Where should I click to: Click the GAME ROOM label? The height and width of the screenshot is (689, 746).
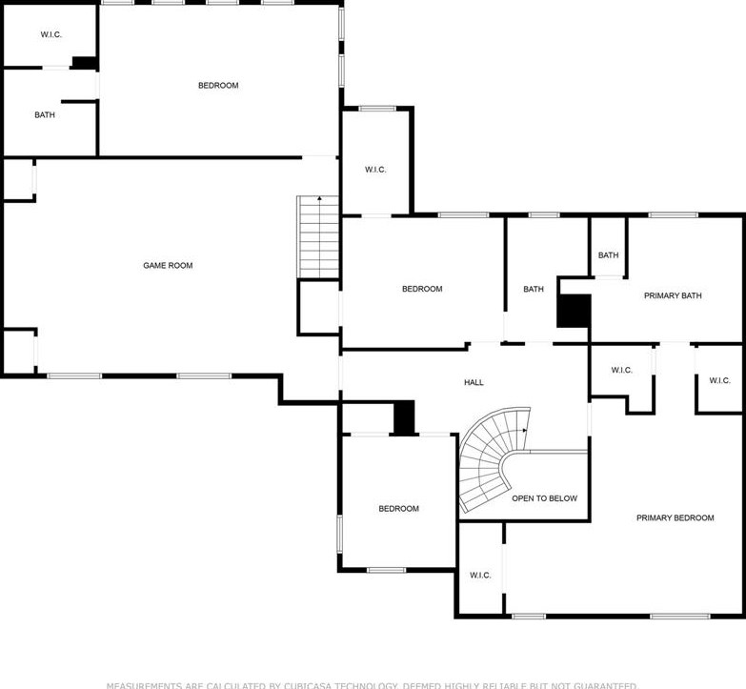[x=168, y=266]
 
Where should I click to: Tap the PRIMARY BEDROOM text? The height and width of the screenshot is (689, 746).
[x=675, y=518]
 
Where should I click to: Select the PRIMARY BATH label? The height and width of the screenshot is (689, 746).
[x=673, y=296]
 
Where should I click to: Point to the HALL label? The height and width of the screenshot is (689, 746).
[x=474, y=383]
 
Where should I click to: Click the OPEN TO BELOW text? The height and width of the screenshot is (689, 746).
[x=544, y=498]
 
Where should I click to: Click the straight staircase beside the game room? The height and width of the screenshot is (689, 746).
[x=318, y=238]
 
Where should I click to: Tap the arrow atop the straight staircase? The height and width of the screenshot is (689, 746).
[x=319, y=200]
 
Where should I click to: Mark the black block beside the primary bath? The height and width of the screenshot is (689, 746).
[x=574, y=312]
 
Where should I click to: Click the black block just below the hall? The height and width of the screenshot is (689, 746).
[x=405, y=418]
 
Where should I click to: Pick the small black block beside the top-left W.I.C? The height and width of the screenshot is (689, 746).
[x=85, y=63]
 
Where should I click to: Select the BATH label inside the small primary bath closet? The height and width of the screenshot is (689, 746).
[x=608, y=255]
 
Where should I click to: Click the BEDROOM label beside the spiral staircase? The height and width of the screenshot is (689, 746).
[x=398, y=509]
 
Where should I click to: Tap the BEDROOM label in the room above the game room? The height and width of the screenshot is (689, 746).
[x=218, y=86]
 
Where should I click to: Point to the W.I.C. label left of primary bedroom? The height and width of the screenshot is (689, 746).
[x=480, y=576]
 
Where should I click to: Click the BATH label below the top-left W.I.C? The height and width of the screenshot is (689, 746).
[x=45, y=115]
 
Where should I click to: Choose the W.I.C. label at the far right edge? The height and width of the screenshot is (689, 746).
[x=719, y=380]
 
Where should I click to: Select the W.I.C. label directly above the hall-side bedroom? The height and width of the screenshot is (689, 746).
[x=375, y=170]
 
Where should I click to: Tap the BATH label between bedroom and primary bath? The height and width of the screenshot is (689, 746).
[x=534, y=290]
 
